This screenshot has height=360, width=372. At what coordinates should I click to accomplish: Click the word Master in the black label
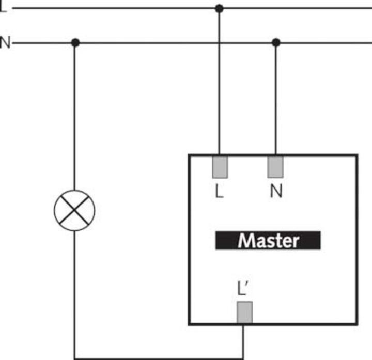[x=268, y=241]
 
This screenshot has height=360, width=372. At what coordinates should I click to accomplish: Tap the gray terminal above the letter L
[x=220, y=166]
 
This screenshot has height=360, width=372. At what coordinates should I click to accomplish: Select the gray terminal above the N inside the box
[x=275, y=166]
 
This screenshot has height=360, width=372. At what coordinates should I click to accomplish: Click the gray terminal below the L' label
[x=244, y=312]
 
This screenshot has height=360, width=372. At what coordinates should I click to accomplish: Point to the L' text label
[x=243, y=289]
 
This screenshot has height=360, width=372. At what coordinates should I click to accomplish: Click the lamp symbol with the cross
[x=75, y=211]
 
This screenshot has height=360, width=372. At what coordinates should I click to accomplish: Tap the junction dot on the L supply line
[x=219, y=8]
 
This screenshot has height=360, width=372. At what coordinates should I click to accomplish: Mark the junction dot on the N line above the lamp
[x=75, y=42]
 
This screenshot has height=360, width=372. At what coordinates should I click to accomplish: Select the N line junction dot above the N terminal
[x=276, y=42]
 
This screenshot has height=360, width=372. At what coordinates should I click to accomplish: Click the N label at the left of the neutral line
[x=5, y=42]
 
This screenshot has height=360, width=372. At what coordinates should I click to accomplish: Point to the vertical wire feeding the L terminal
[x=219, y=83]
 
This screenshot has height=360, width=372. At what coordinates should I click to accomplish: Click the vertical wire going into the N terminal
[x=276, y=98]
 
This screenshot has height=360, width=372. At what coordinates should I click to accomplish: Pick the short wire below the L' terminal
[x=244, y=341]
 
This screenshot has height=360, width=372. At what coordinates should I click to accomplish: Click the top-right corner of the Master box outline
[x=357, y=155]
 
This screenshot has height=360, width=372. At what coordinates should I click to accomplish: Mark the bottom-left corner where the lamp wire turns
[x=75, y=357]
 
